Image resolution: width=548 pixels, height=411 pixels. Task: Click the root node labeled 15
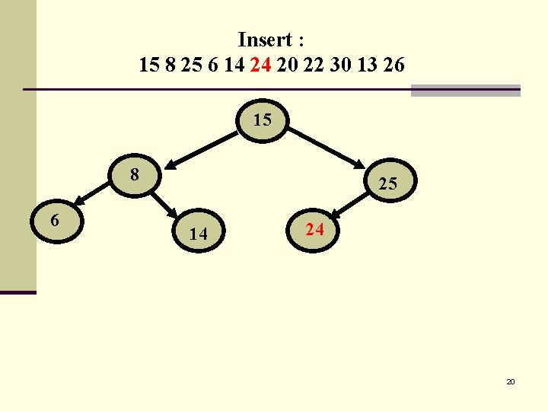point(263,121)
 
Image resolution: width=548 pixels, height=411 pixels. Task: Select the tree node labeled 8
point(135,175)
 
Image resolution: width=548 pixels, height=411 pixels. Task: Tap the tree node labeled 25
point(387,183)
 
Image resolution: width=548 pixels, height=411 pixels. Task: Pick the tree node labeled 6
point(55,221)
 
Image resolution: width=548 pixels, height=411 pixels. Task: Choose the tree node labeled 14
point(198,234)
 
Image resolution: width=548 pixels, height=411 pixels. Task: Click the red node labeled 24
point(314,228)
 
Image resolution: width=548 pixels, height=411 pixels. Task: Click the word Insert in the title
point(266,39)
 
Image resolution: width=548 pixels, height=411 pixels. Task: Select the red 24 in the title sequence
point(260,65)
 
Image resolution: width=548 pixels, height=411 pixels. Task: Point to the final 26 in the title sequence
point(394,65)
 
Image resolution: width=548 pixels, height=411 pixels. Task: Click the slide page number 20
point(511,381)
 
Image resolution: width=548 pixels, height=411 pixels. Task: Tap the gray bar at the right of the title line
point(465,90)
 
